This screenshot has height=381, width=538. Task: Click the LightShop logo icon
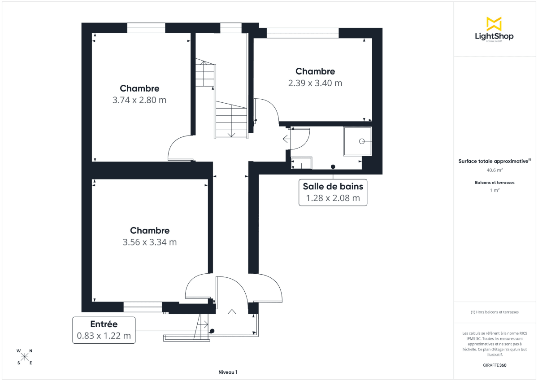(494, 24)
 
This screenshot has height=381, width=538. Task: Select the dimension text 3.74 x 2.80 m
(139, 100)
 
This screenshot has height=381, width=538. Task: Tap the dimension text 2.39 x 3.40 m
(315, 83)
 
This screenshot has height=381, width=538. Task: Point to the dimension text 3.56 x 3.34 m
(150, 242)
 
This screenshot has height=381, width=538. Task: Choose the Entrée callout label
(104, 324)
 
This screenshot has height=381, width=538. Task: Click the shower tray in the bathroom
(358, 141)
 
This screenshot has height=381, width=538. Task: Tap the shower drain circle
(362, 141)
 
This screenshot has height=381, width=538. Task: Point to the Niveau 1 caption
(228, 372)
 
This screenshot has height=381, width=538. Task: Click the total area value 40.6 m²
(495, 170)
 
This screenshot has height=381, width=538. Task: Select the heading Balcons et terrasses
(495, 183)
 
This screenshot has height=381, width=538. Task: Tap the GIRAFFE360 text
(495, 365)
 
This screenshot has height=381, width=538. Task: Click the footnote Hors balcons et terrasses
(495, 312)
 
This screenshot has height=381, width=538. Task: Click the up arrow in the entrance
(232, 313)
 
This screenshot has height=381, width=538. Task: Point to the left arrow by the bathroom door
(286, 139)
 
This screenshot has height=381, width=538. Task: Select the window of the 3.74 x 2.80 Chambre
(146, 28)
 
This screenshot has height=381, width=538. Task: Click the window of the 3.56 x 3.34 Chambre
(143, 307)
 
